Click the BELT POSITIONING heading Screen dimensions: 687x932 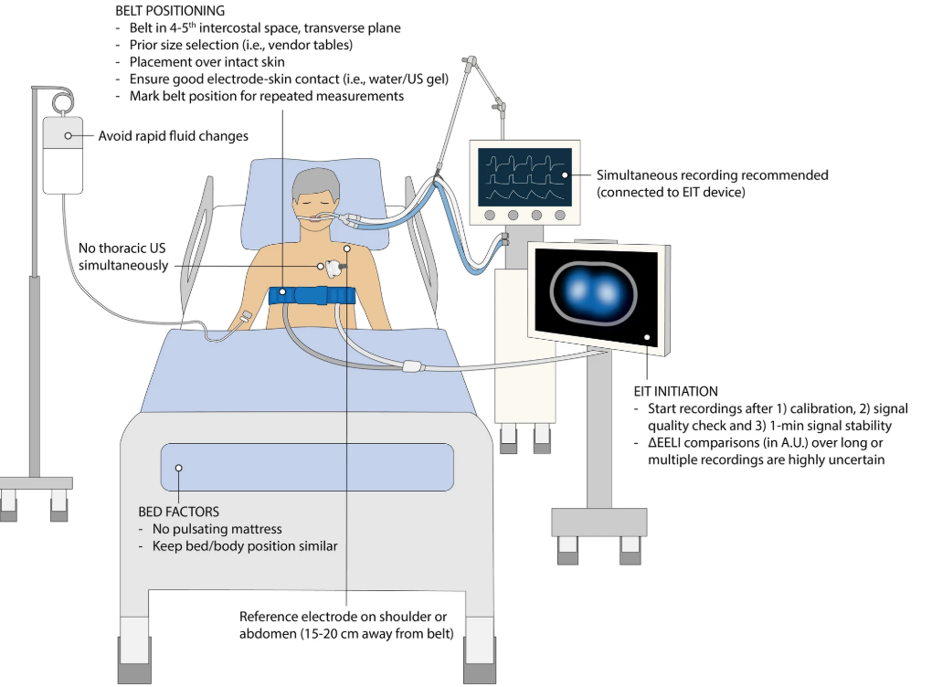170,11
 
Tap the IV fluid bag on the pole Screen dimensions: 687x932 69,153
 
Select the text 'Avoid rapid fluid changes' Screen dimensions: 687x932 174,136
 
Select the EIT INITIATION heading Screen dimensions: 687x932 676,391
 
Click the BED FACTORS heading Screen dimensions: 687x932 178,513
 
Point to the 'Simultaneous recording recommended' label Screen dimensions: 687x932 712,174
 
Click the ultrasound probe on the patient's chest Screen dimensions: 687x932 333,267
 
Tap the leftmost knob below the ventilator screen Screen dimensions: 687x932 490,216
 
